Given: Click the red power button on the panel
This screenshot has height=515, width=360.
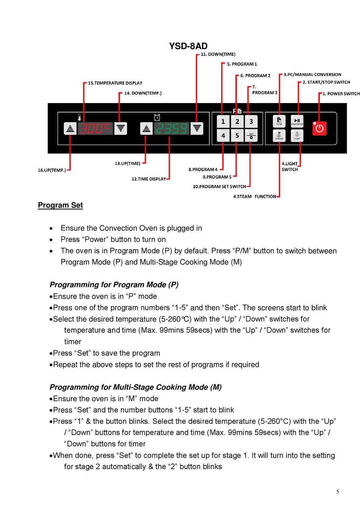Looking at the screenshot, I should coord(319,128).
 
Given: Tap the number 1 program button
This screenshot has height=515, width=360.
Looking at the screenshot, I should coord(223,122).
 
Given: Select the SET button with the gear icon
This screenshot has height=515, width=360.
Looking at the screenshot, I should coord(251,136).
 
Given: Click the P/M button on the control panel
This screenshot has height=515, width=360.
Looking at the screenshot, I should coord(279,121).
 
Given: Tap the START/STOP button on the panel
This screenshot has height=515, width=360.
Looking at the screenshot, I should coord(297,121).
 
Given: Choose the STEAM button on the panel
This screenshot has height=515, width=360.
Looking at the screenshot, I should coord(279,136).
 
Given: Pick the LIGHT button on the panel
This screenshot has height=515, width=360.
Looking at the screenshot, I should coord(297,136).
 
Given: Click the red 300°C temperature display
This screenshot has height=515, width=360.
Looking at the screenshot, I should coord(95,129).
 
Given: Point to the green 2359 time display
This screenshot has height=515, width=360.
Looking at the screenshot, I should coord(171,129).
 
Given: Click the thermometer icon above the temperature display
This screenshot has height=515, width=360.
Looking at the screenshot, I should coord(80,117).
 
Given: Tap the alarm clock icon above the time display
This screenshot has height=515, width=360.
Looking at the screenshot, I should coord(157,117).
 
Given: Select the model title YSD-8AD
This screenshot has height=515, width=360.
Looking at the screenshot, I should coord(188,46).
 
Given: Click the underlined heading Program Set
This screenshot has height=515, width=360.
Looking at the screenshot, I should coord(60,205).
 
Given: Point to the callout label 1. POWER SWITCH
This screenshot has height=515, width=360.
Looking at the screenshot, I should coord(341,94).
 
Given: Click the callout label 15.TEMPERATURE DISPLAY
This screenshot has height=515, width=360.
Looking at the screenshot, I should coord(115,83).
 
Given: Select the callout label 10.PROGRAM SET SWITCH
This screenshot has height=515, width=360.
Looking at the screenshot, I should coord(219,186).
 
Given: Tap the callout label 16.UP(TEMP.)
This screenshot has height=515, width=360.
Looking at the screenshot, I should coord(52,170).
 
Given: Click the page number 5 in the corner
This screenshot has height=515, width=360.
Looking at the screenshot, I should coord(338,492).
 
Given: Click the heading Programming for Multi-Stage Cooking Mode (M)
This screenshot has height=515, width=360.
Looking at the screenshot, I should coord(136,387).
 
